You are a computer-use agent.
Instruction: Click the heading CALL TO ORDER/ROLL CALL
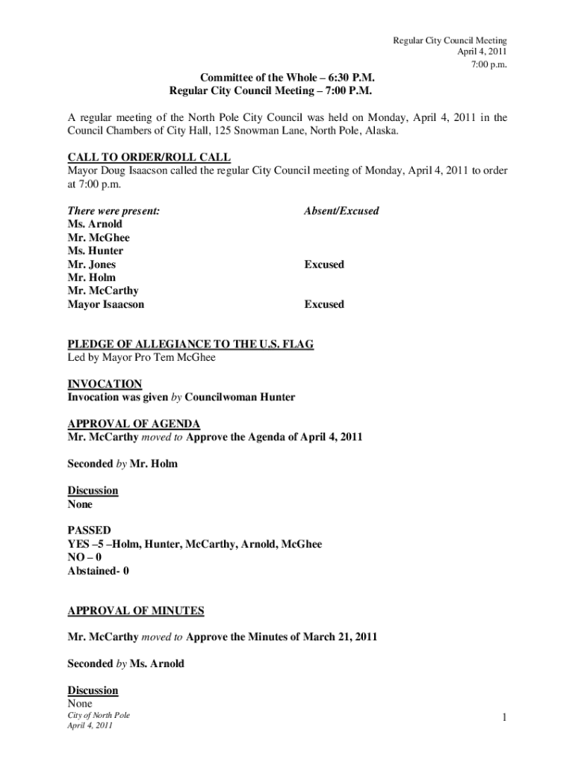pos(149,157)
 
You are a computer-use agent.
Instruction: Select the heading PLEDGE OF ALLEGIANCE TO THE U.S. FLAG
pos(190,344)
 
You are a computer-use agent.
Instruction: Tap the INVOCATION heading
pos(105,384)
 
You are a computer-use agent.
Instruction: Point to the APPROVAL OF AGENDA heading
pos(134,424)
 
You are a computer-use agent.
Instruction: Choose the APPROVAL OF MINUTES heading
pos(136,610)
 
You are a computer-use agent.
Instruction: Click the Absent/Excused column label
pos(341,211)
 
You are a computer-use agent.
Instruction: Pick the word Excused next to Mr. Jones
pos(323,264)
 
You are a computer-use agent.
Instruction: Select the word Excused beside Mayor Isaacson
pos(323,304)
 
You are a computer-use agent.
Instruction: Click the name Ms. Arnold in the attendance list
pos(95,224)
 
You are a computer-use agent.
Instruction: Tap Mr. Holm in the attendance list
pos(92,277)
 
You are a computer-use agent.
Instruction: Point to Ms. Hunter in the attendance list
pos(96,251)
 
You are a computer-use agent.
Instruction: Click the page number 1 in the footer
pos(505,718)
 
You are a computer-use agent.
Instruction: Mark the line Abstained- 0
pos(99,571)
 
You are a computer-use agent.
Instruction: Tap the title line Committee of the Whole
pos(287,78)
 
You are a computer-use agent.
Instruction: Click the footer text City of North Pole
pos(99,715)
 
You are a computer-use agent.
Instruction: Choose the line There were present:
pos(114,211)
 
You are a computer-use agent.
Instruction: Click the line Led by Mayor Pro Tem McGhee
pos(141,357)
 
